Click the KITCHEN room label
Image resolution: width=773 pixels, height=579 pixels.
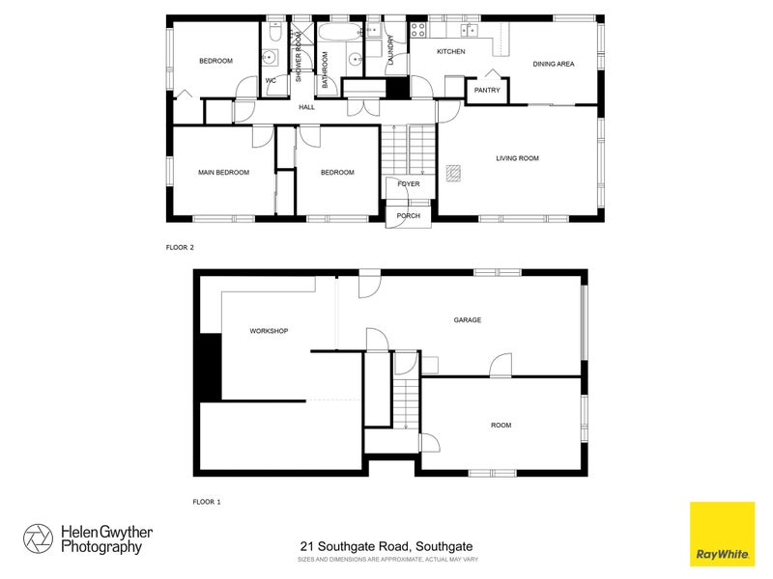pyautogui.click(x=451, y=51)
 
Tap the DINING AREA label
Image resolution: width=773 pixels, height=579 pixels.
pyautogui.click(x=554, y=64)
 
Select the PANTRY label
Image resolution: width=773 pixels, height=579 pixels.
pyautogui.click(x=487, y=91)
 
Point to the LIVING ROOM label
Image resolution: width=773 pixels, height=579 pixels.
pyautogui.click(x=517, y=157)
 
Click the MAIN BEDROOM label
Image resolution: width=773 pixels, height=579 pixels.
pyautogui.click(x=223, y=173)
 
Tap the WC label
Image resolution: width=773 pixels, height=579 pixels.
pyautogui.click(x=272, y=81)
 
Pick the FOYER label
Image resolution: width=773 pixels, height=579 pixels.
pyautogui.click(x=408, y=182)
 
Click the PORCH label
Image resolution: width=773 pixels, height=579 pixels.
pyautogui.click(x=408, y=215)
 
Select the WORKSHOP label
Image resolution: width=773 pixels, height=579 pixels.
pyautogui.click(x=269, y=331)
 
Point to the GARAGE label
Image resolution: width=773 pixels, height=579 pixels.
pyautogui.click(x=468, y=319)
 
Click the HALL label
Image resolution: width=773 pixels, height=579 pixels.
pyautogui.click(x=306, y=107)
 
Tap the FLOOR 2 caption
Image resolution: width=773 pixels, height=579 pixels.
pyautogui.click(x=180, y=248)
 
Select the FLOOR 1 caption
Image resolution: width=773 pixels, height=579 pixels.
pyautogui.click(x=207, y=502)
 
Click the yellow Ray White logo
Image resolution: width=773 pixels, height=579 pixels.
pyautogui.click(x=722, y=534)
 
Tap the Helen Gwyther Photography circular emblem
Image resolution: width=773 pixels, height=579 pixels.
pyautogui.click(x=39, y=538)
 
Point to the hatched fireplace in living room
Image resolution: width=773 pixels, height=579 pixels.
pyautogui.click(x=454, y=172)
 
